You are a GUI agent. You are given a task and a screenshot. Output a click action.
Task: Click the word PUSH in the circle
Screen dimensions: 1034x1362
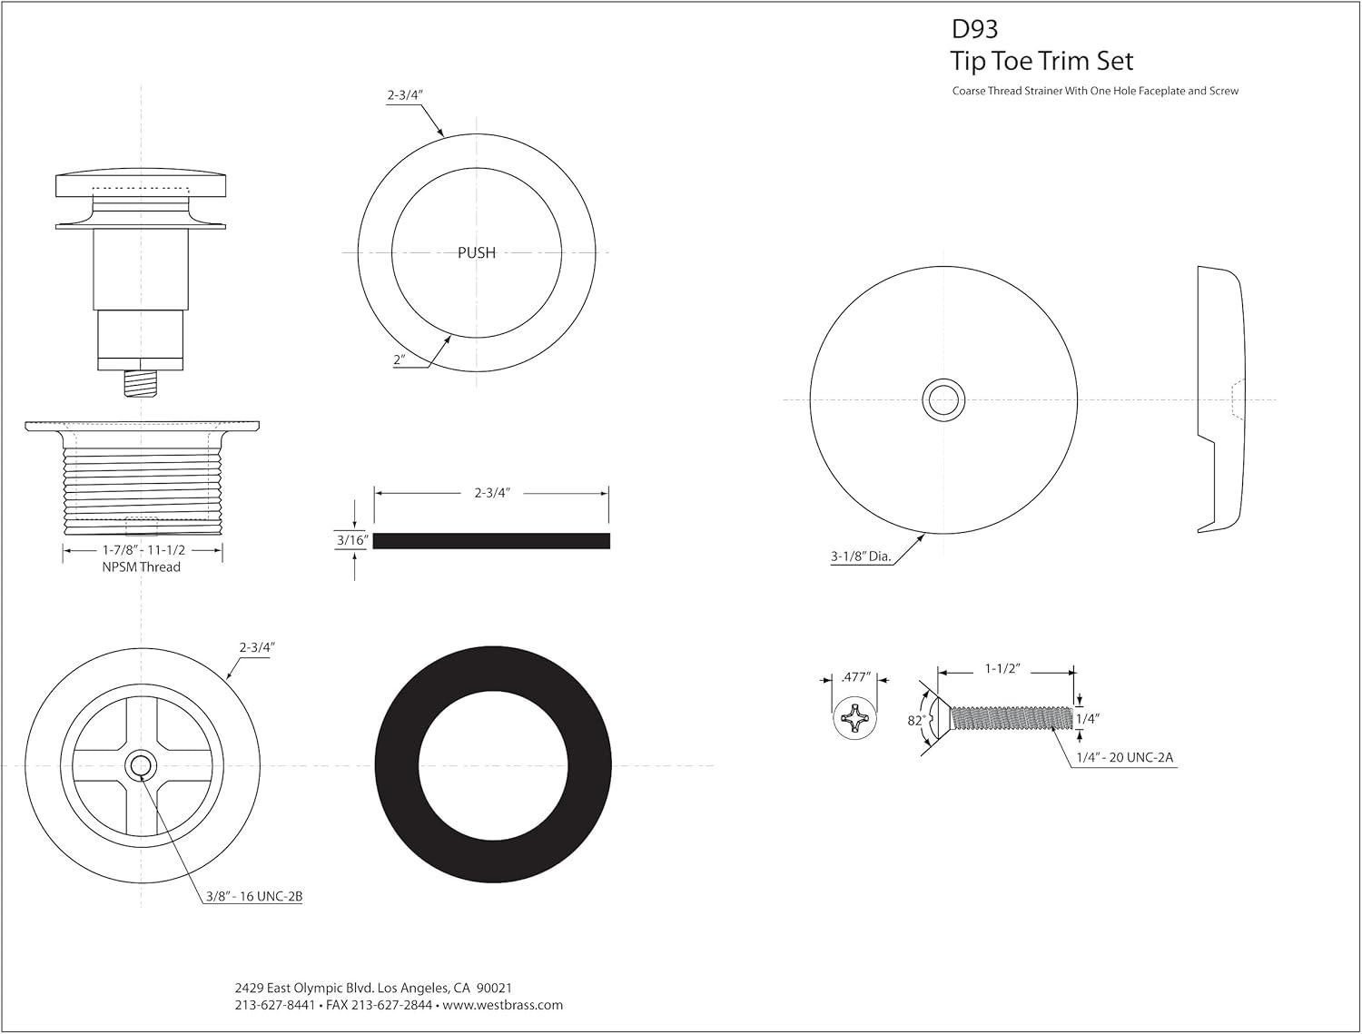(x=477, y=252)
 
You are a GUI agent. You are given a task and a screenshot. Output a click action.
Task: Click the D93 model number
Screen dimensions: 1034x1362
(x=974, y=29)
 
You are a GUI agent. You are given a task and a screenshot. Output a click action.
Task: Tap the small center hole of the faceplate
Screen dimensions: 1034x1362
(x=944, y=399)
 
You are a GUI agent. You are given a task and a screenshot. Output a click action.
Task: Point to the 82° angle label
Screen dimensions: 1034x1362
(x=915, y=720)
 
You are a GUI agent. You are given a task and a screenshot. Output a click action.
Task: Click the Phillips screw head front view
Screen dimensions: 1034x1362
(x=855, y=720)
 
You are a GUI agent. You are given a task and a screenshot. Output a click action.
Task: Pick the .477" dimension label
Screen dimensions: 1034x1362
(x=855, y=676)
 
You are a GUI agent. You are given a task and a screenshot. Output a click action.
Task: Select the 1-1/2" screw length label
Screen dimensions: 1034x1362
(x=1004, y=668)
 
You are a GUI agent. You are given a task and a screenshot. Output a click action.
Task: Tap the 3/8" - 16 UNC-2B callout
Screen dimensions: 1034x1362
(x=253, y=896)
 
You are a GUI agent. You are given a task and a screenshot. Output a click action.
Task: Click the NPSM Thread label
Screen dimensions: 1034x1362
(x=142, y=567)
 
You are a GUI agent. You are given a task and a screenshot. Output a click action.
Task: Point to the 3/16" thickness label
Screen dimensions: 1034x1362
(x=351, y=540)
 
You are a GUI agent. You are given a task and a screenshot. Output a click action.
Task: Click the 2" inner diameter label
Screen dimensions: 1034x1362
(x=400, y=360)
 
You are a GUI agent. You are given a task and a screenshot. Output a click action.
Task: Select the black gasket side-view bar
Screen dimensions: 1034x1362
(x=491, y=541)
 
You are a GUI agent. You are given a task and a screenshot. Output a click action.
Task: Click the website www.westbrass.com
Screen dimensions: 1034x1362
(x=504, y=1005)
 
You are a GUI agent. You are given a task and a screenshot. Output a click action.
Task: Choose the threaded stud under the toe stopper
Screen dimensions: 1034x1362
(x=141, y=383)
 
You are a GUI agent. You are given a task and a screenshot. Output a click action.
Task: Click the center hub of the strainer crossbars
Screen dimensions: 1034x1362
(x=141, y=765)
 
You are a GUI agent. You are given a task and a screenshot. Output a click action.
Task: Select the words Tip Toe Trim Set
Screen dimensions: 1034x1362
(x=1041, y=61)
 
